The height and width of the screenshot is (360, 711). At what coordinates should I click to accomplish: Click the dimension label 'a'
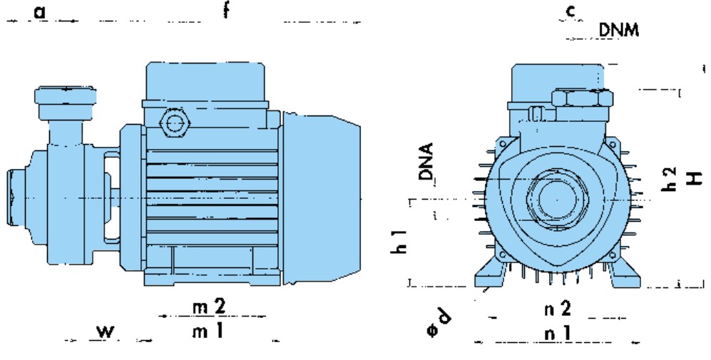pyautogui.click(x=40, y=12)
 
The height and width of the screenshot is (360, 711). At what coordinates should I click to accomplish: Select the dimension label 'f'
pyautogui.click(x=227, y=9)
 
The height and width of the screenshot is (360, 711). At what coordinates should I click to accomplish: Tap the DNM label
pyautogui.click(x=619, y=30)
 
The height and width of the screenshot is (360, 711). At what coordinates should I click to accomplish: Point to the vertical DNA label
pyautogui.click(x=426, y=161)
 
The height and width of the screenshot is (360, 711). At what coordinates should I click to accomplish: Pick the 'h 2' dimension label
pyautogui.click(x=670, y=179)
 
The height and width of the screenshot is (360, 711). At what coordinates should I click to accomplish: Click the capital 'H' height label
pyautogui.click(x=694, y=178)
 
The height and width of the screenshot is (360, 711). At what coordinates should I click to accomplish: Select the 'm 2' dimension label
pyautogui.click(x=208, y=307)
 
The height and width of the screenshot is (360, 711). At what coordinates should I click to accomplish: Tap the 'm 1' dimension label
pyautogui.click(x=208, y=331)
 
